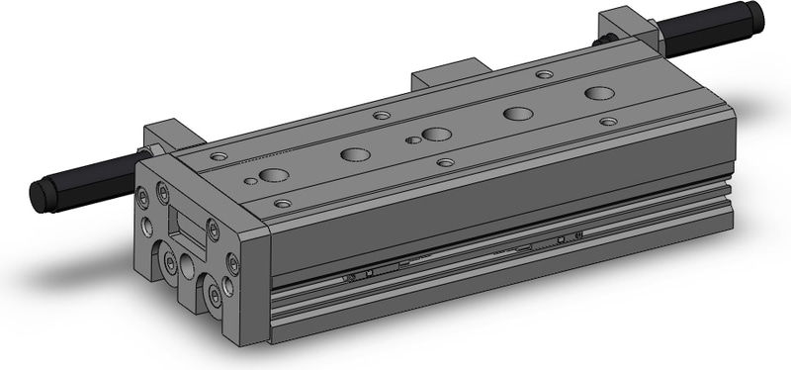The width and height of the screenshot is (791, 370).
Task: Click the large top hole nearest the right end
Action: pos(598,94)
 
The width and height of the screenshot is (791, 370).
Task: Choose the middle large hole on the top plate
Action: pos(436,134)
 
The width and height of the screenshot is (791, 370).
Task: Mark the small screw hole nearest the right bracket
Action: pos(544,74)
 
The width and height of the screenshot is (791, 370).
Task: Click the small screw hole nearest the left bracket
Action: pos(219,157)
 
